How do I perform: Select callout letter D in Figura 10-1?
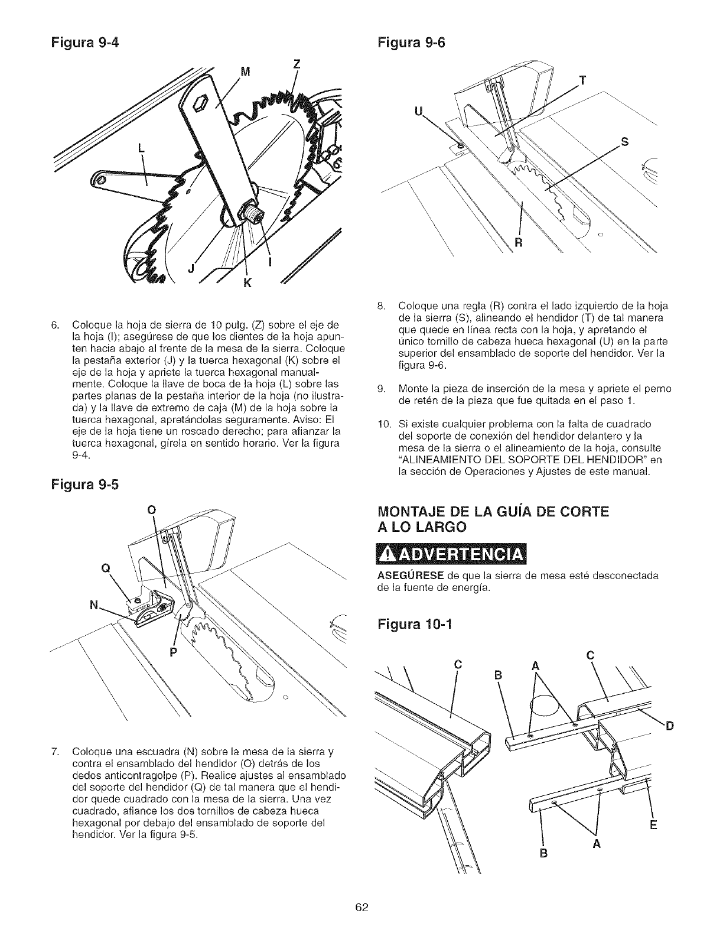tap(669, 726)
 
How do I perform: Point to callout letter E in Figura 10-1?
tap(653, 825)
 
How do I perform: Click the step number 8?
tap(381, 306)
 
